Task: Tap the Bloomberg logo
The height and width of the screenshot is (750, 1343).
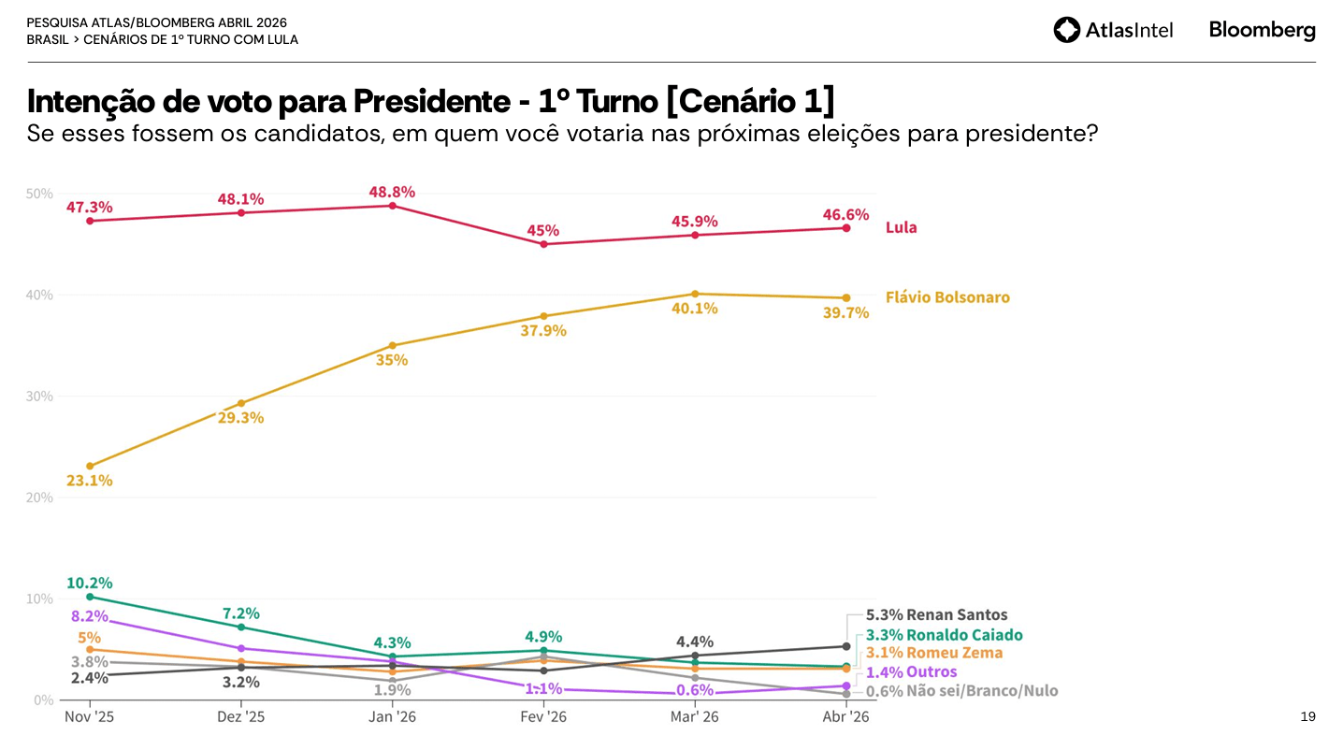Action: tap(1262, 30)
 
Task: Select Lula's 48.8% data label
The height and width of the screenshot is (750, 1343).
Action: tap(392, 192)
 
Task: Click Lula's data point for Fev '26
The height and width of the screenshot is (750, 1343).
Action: tap(543, 244)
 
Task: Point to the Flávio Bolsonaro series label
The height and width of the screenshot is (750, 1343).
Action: tap(947, 297)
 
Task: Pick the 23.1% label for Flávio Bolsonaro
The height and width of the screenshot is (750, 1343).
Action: tap(89, 481)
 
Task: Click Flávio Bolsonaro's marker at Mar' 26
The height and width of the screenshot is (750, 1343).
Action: tap(695, 294)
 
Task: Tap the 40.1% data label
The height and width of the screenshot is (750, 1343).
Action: tap(695, 308)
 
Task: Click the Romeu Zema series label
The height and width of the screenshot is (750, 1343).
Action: tap(954, 653)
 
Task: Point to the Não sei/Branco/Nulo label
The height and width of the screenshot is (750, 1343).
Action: tap(982, 691)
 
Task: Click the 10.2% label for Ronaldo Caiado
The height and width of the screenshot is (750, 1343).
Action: tap(89, 583)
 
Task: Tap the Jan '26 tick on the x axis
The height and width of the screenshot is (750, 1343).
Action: tap(392, 716)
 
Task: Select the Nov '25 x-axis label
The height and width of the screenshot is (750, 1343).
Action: tap(89, 716)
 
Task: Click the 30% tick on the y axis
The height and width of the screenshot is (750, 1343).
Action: tap(39, 397)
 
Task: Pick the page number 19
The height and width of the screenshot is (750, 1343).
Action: tap(1307, 716)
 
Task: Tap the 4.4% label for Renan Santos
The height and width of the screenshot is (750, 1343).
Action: tap(695, 642)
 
